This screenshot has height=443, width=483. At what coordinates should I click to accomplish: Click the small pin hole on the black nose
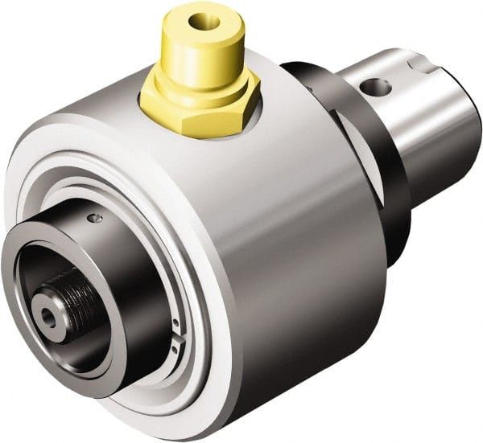pyautogui.click(x=97, y=218)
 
